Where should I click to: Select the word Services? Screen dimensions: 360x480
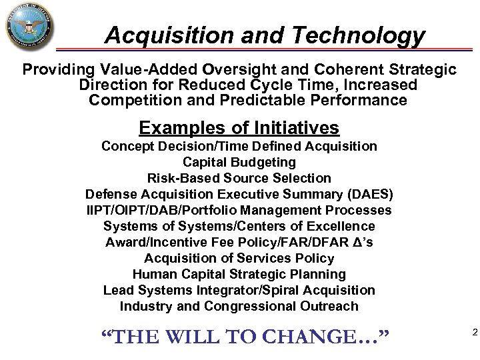click(271, 258)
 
